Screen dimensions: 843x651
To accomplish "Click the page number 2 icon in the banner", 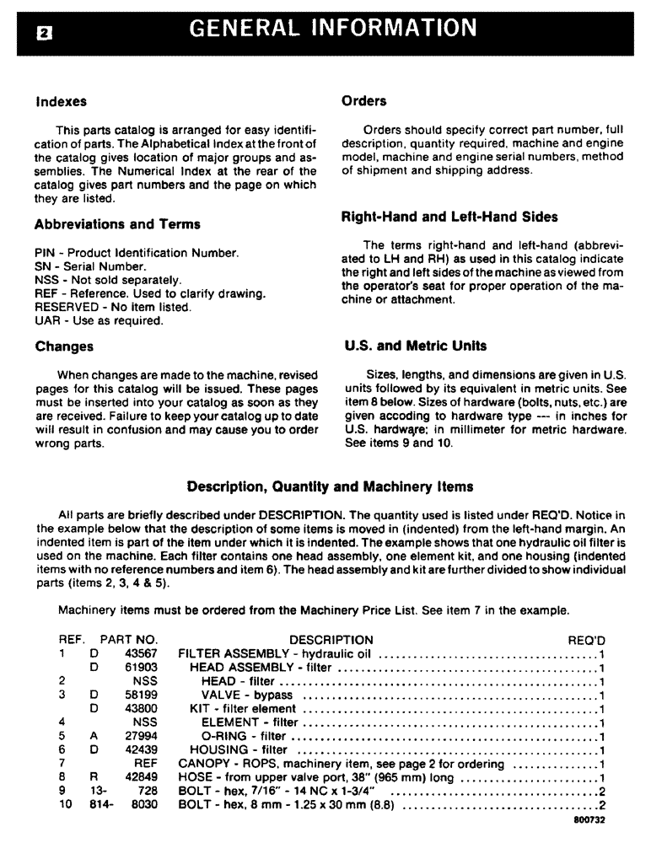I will [41, 35].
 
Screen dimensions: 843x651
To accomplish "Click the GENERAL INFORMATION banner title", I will [334, 29].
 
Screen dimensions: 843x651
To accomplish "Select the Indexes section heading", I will [61, 102].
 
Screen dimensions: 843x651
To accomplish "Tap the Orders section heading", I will [364, 101].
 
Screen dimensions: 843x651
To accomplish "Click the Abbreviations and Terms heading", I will [117, 224].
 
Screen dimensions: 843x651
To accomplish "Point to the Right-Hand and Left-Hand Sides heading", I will [449, 217].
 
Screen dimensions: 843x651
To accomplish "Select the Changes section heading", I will [64, 346].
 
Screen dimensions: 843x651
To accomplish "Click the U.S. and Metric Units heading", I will [416, 346].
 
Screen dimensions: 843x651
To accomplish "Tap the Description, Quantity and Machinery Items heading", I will [330, 486].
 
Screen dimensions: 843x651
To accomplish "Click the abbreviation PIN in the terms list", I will [46, 253].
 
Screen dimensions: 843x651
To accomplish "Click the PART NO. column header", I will [128, 640].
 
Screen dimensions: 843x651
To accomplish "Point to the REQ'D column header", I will [587, 640].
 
